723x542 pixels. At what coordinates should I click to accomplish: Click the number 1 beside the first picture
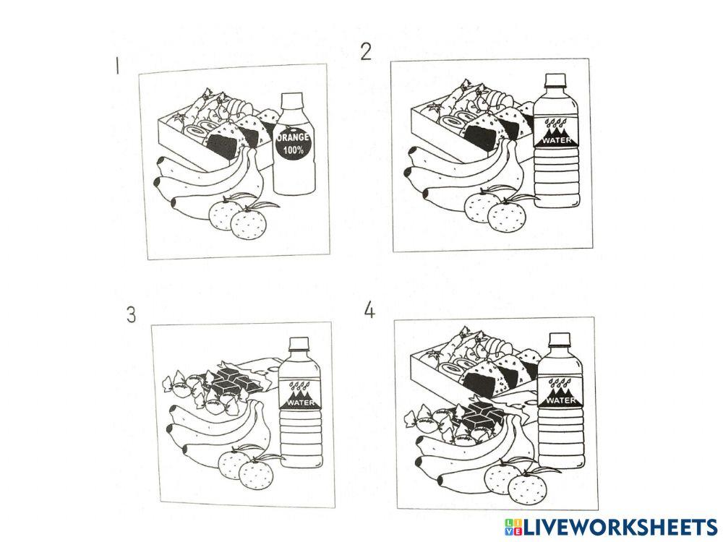117,65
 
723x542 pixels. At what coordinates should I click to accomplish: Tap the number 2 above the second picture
366,51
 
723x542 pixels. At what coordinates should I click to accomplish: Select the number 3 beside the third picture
132,315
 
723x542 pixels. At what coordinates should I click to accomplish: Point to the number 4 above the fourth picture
369,310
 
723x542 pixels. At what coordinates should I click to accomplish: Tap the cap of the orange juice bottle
292,101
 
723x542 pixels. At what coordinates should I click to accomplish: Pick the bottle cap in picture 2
555,81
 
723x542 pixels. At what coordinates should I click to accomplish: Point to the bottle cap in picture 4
560,340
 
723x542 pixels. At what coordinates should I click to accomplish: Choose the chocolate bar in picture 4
479,416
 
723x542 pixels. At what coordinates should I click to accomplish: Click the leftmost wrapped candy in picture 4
418,418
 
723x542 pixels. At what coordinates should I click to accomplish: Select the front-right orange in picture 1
249,223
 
